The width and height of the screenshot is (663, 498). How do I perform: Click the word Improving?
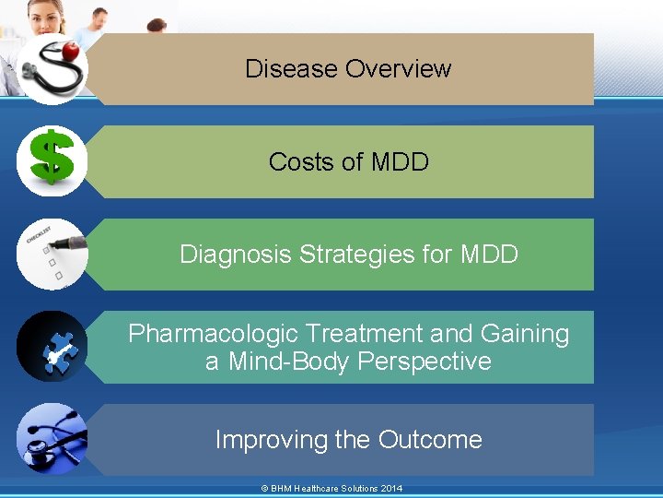[x=271, y=440]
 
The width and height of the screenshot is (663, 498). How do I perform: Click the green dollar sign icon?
[x=52, y=160]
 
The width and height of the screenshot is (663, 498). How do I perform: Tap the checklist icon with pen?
[x=52, y=254]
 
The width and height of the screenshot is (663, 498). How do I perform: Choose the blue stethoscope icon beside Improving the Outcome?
[x=52, y=439]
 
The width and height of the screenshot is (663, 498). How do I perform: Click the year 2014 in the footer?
[x=390, y=489]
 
